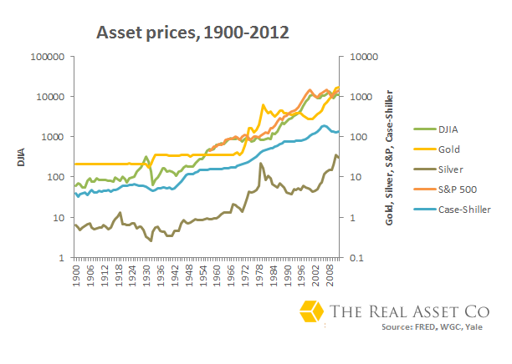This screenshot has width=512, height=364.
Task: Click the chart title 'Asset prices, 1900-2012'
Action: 193,33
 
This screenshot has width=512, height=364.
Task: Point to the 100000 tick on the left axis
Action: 47,57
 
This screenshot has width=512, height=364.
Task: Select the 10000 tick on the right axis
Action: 362,57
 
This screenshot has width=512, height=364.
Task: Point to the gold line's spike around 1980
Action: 264,105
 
